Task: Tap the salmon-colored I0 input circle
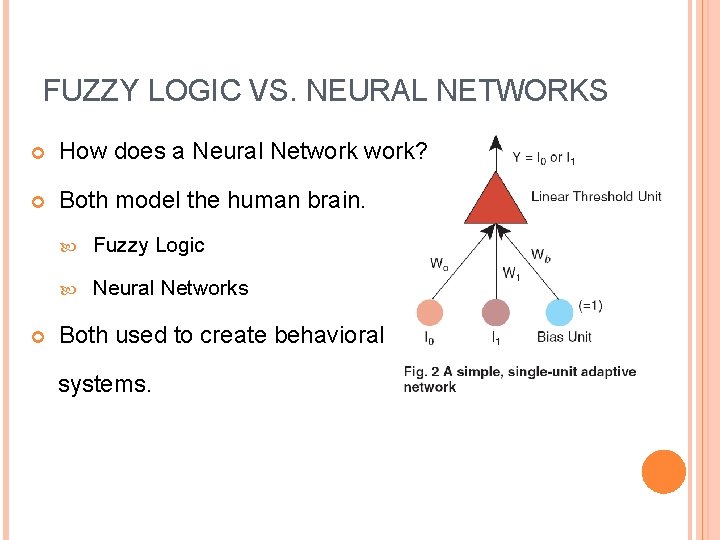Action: coord(430,312)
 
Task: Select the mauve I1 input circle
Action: coord(495,312)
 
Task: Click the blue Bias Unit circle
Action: coord(559,312)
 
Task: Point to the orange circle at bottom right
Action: coord(663,472)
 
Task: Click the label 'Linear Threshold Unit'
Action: coord(596,196)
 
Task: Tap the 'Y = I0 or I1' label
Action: coord(543,157)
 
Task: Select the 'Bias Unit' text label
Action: coord(564,337)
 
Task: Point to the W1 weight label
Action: coord(511,272)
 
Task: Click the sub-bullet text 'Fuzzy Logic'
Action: coord(148,245)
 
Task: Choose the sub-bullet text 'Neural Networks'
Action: coord(170,288)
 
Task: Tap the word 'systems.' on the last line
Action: coord(105,383)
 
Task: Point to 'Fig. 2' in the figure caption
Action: coord(421,372)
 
